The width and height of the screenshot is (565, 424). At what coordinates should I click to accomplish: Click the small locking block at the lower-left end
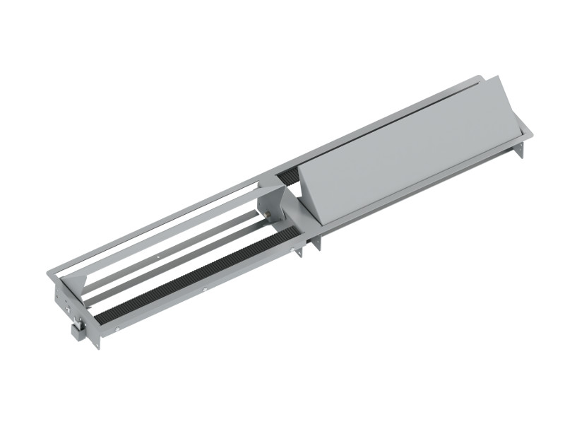tap(77, 327)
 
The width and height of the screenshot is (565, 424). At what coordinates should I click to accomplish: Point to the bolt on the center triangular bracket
tap(269, 211)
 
